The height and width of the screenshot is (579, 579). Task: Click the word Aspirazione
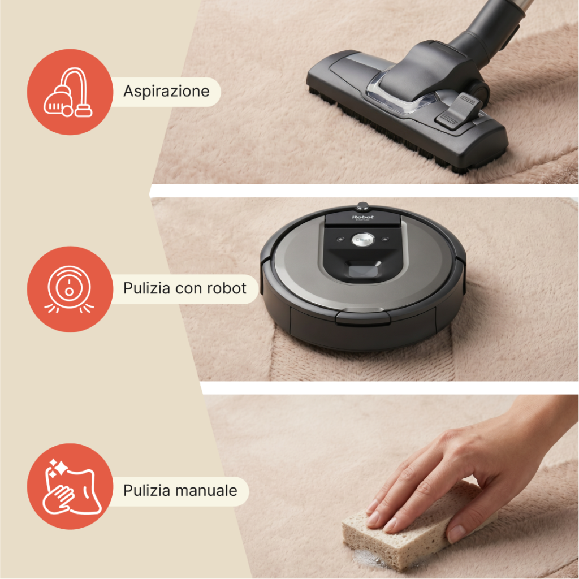point(166,92)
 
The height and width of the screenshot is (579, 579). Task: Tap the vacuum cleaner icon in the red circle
point(68,92)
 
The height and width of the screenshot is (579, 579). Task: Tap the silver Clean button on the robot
point(362,239)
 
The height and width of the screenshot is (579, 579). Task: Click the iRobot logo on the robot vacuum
point(362,217)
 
